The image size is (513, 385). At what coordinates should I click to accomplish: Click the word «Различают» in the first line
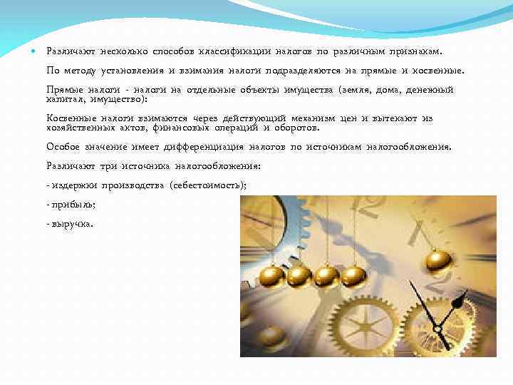point(71,51)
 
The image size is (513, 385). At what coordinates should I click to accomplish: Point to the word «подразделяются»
point(304,71)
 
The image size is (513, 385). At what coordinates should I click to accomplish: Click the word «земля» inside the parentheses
point(354,91)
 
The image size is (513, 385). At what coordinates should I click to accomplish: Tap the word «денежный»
point(430,91)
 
